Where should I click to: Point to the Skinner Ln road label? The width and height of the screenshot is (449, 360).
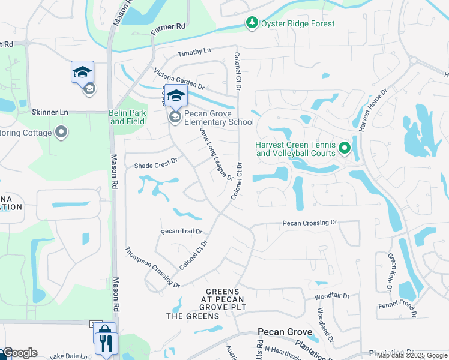point(50,112)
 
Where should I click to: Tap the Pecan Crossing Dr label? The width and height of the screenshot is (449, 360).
point(310,223)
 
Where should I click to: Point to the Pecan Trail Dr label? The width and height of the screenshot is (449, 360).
point(181,232)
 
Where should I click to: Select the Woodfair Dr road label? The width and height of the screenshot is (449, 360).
point(332,296)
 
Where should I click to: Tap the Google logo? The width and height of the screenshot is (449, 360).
point(19,353)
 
